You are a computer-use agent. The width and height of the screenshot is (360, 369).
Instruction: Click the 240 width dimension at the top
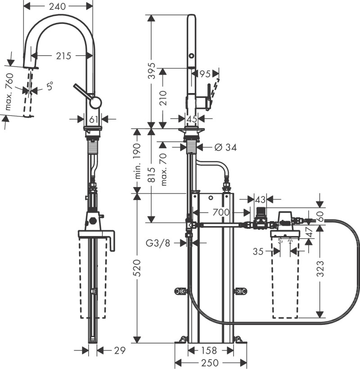click(57, 6)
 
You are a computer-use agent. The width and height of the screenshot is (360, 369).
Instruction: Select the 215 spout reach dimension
click(63, 56)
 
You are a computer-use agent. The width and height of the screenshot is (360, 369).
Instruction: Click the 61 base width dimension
click(94, 119)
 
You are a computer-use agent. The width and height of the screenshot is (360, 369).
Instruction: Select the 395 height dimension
click(152, 71)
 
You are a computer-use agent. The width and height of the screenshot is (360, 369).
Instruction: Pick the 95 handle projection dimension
click(205, 73)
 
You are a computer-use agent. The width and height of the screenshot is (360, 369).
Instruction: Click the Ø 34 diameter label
click(225, 147)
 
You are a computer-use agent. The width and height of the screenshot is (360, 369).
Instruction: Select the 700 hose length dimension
click(221, 212)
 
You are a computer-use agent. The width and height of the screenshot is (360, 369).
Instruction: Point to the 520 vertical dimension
click(139, 268)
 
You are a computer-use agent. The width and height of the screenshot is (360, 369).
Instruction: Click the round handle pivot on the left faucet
click(95, 102)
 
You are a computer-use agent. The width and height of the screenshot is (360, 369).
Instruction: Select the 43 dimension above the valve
click(261, 199)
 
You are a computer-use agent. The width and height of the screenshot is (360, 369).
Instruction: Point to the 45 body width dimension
click(192, 119)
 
